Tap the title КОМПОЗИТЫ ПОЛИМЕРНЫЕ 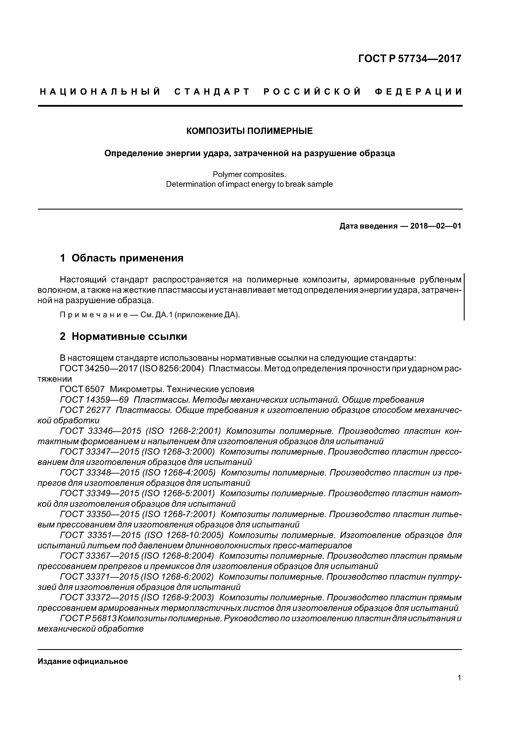click(x=250, y=131)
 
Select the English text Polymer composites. click(x=249, y=175)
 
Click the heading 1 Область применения click(x=122, y=258)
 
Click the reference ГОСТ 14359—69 click(x=94, y=400)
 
